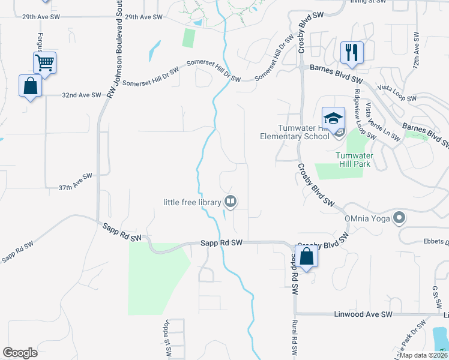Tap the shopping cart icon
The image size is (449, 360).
pyautogui.click(x=45, y=62)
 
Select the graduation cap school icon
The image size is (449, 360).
pyautogui.click(x=333, y=116)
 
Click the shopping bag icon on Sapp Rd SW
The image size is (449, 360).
pyautogui.click(x=306, y=256)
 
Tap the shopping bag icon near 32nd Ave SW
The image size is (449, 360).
pyautogui.click(x=31, y=86)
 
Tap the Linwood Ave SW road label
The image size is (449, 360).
pyautogui.click(x=362, y=314)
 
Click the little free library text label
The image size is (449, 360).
pyautogui.click(x=192, y=202)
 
